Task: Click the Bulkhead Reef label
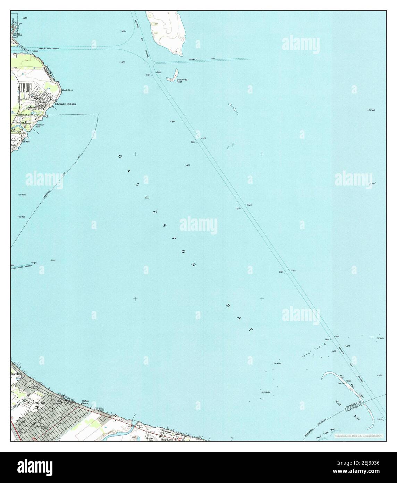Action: pos(182,81)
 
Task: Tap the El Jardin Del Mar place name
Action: pos(65,104)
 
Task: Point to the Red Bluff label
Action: pos(67,90)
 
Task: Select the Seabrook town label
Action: pos(21,122)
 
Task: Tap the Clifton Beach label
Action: pos(85,402)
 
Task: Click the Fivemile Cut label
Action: pos(201,59)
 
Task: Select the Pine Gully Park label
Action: pos(40,125)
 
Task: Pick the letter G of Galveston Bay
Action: pos(120,157)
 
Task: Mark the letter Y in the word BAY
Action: pos(250,329)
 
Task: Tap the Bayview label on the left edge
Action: pos(16,373)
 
